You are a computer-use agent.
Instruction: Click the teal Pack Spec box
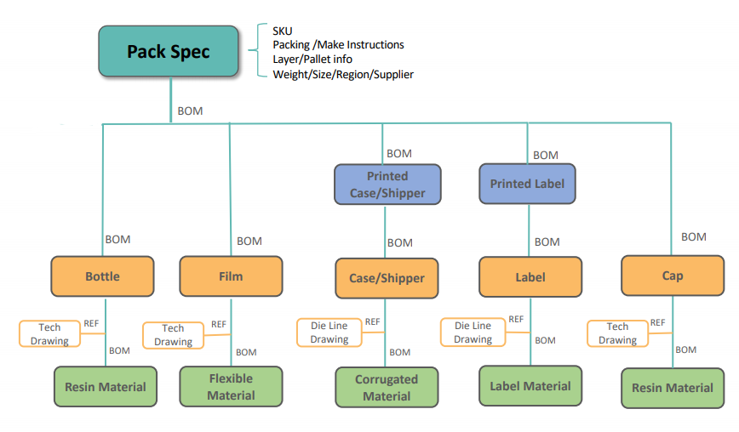pos(168,52)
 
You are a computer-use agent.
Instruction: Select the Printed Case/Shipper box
pos(387,185)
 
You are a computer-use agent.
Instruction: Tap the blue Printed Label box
pos(527,184)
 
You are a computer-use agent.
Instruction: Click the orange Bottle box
pos(103,276)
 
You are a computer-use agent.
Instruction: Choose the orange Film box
pos(231,276)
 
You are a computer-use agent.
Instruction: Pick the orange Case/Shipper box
pos(387,278)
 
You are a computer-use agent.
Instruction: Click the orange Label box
pos(530,276)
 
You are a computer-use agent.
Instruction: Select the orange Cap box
pos(672,276)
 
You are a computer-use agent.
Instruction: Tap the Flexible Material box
pos(231,386)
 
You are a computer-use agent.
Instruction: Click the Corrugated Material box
pos(387,388)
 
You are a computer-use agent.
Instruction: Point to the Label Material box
pos(530,386)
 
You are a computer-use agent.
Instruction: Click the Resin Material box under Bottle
pos(105,387)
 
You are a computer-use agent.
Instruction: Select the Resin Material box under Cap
pos(672,388)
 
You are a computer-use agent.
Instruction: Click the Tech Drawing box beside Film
pos(173,334)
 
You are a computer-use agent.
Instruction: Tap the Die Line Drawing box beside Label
pos(473,332)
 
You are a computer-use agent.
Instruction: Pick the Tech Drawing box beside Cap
pos(617,333)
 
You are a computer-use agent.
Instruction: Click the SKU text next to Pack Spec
pos(283,31)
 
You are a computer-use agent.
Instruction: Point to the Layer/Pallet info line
pos(312,60)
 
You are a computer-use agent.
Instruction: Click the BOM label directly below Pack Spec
pos(190,111)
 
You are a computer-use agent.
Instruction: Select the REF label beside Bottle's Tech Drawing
pos(91,324)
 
